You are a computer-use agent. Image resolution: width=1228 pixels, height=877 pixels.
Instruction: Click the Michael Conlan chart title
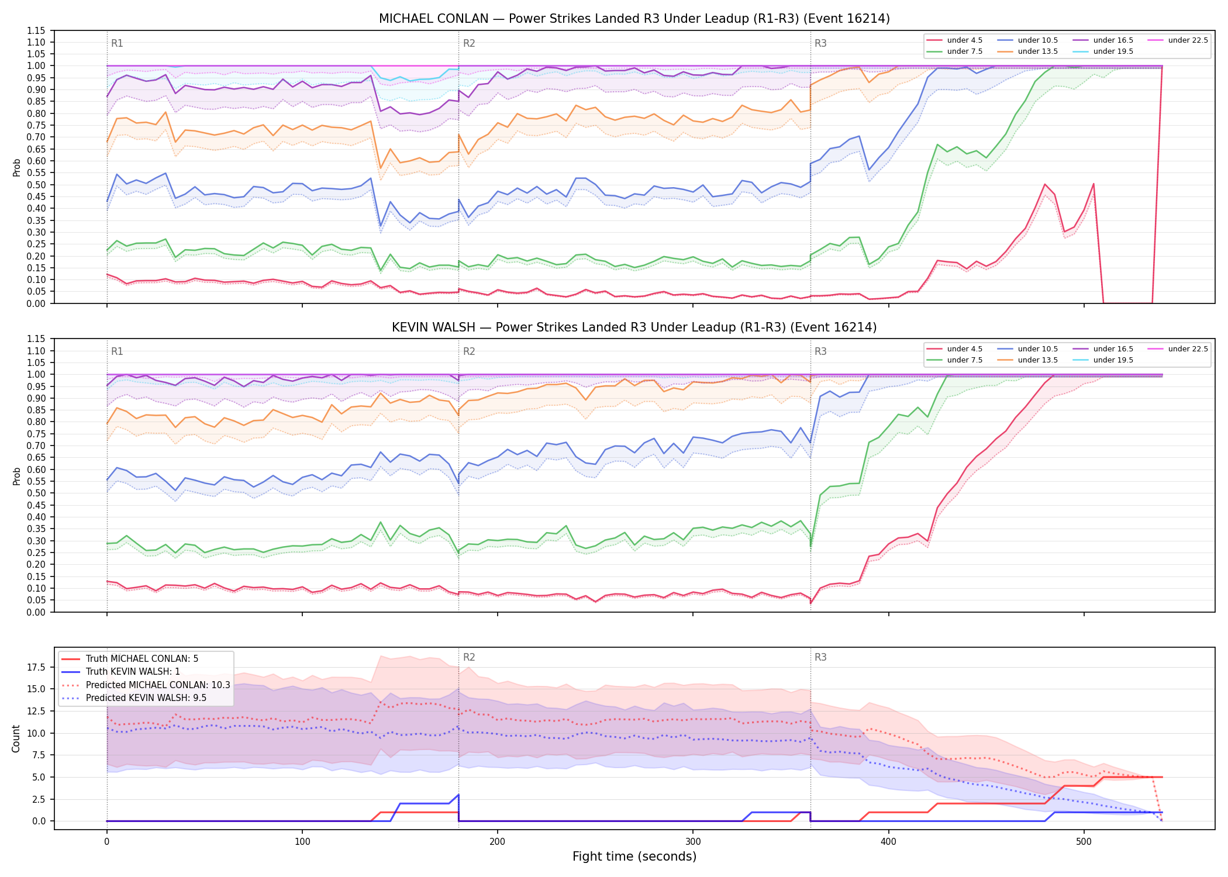click(634, 19)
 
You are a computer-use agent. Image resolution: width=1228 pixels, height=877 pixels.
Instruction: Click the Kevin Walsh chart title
click(634, 327)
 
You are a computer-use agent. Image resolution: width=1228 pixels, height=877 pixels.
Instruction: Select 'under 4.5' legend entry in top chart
click(955, 40)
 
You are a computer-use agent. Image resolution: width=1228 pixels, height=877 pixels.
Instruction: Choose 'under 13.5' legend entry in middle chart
click(1028, 360)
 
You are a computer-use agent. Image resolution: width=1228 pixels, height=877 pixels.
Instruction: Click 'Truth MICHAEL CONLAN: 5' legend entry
click(130, 659)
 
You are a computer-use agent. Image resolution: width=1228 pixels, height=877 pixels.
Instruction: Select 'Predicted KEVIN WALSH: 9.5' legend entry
click(134, 698)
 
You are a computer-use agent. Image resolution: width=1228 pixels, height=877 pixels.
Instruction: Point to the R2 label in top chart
click(469, 43)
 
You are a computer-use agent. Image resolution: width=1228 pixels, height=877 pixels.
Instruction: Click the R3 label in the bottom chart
click(820, 657)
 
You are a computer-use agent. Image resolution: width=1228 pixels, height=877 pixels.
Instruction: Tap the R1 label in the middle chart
click(117, 351)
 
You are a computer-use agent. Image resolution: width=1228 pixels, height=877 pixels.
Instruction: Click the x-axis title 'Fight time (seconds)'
click(634, 857)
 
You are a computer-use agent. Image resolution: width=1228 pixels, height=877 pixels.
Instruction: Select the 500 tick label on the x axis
click(1084, 842)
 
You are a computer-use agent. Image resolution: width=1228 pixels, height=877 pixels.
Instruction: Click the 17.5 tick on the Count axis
click(36, 667)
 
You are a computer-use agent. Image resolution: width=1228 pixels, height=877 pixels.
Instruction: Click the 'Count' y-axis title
click(16, 738)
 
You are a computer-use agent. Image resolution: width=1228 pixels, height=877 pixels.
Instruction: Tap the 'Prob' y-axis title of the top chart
click(16, 167)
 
